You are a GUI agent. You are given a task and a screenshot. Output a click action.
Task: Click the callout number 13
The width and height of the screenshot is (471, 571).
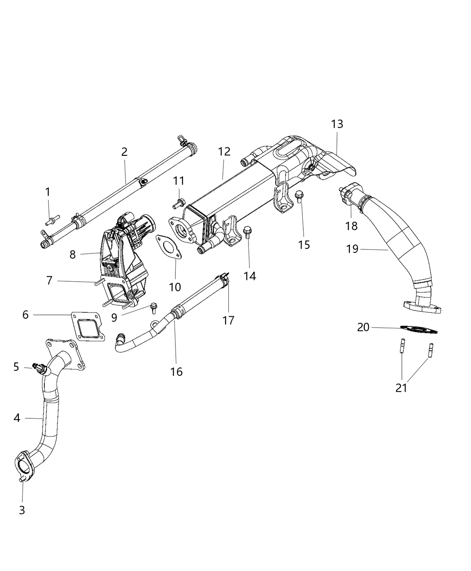[x=337, y=124]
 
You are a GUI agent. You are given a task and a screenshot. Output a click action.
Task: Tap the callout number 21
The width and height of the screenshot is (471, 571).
[x=401, y=388]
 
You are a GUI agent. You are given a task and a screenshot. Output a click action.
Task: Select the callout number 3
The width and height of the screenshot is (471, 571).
[x=22, y=510]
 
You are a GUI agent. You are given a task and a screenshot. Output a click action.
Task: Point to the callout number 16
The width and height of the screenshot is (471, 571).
[x=177, y=371]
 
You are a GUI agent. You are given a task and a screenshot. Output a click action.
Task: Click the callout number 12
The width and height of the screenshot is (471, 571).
[x=224, y=151]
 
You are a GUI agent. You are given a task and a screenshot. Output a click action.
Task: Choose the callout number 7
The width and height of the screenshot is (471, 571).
[x=49, y=281]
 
